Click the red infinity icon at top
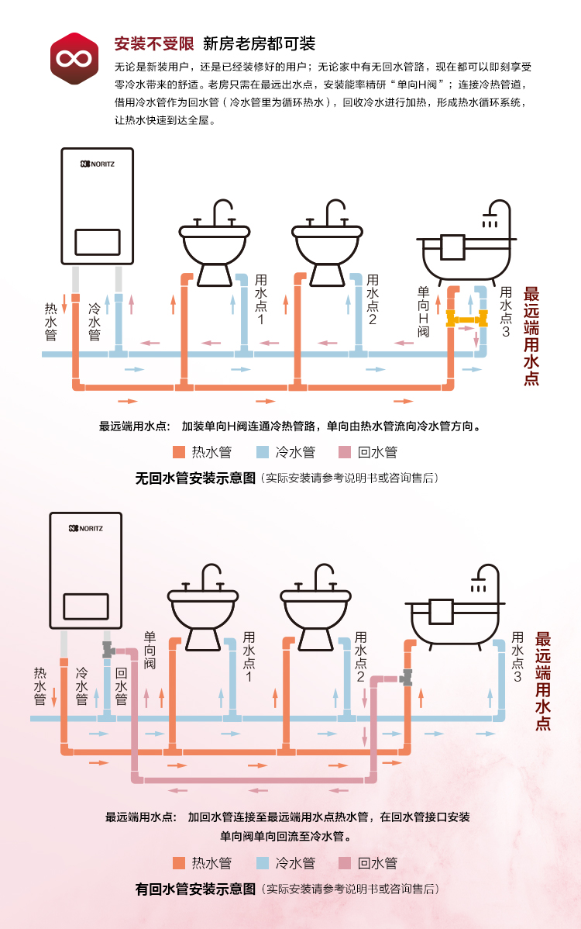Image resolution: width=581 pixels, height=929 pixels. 74,57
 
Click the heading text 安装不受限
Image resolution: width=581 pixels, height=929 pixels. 153,43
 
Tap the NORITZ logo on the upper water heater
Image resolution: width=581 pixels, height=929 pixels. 97,164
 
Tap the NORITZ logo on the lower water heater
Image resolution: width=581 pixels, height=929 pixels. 86,528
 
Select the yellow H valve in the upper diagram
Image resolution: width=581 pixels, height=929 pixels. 466,317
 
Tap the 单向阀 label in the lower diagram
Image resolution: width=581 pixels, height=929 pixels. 150,651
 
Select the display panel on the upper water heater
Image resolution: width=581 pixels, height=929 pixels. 97,242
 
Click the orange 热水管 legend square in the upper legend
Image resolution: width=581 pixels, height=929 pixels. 179,452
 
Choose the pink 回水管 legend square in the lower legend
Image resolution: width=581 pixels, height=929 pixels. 346,863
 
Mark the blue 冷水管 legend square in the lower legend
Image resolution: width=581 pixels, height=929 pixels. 263,863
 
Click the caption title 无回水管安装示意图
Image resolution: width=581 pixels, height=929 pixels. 195,478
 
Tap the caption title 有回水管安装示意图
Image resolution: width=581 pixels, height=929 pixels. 195,889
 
